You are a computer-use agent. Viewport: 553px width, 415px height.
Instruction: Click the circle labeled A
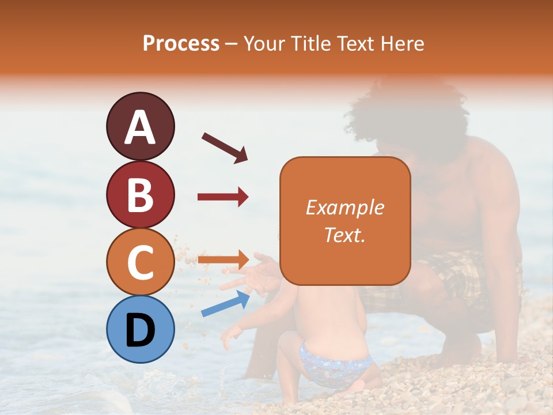click(x=140, y=126)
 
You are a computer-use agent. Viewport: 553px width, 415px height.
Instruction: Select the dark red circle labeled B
click(x=140, y=194)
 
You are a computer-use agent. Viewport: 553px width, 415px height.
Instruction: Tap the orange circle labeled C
click(x=140, y=262)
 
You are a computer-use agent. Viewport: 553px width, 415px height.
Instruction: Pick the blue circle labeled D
click(x=140, y=329)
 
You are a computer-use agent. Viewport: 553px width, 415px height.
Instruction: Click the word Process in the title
click(x=181, y=44)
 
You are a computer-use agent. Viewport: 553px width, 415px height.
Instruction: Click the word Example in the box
click(x=344, y=207)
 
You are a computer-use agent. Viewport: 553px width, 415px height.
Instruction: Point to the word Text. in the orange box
click(x=344, y=235)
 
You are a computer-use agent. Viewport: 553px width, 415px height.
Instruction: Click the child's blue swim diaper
click(x=334, y=363)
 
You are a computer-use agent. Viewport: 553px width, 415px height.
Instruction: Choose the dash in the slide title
click(x=231, y=44)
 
